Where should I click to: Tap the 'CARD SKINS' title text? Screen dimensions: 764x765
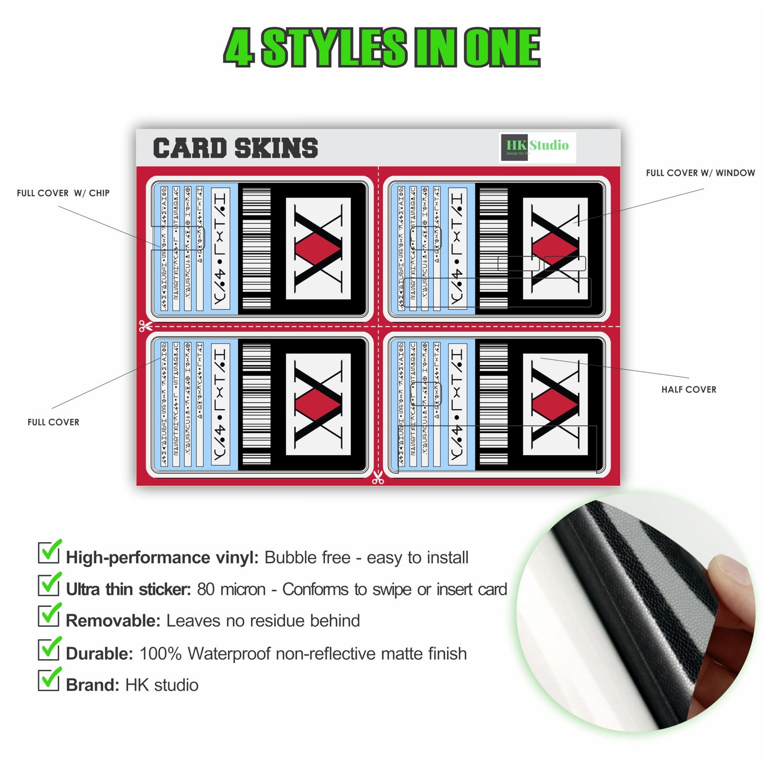point(236,148)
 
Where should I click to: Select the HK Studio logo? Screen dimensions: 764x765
point(537,147)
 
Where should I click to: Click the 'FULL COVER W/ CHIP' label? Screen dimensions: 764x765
point(63,193)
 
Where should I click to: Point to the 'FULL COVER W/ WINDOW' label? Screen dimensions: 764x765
point(700,173)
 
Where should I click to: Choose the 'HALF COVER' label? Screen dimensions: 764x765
point(688,390)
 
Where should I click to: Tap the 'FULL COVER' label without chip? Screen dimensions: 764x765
point(53,422)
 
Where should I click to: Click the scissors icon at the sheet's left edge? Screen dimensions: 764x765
point(145,326)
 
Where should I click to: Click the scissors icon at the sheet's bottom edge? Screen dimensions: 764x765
point(377,478)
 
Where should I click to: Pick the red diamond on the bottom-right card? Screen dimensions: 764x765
point(555,405)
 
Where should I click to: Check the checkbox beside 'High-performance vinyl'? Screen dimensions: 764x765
point(49,552)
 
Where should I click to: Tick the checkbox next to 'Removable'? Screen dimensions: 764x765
point(49,615)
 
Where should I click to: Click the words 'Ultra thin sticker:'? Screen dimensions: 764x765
point(128,589)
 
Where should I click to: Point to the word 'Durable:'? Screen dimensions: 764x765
point(99,654)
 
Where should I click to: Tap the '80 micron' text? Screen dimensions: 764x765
point(231,589)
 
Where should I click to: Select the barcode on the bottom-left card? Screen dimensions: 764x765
point(256,405)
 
